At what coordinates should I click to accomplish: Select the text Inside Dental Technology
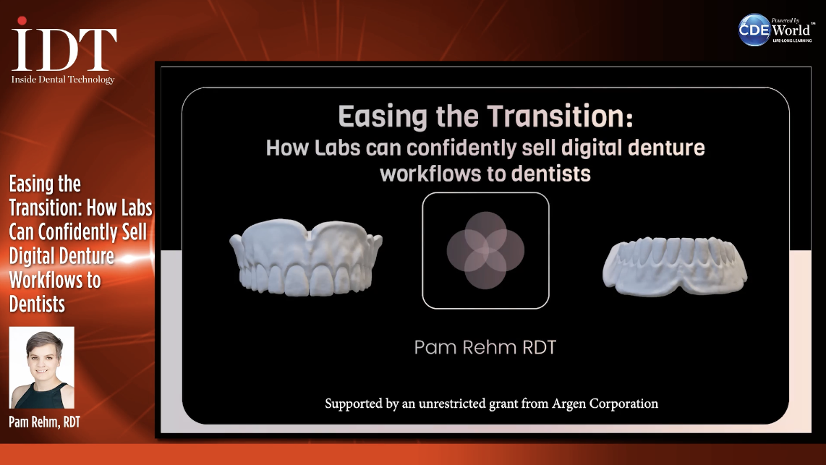tap(63, 80)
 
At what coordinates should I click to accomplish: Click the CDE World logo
tap(775, 30)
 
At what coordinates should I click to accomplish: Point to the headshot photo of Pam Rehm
tap(42, 367)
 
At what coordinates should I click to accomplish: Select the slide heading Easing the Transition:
tap(485, 116)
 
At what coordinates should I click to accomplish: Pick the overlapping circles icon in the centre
tap(485, 249)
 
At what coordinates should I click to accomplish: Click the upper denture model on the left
tap(306, 257)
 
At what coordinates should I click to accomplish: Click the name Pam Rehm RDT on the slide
tap(485, 347)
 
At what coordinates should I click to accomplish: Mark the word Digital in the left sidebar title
tap(35, 256)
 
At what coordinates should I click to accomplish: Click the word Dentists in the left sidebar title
tap(38, 304)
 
